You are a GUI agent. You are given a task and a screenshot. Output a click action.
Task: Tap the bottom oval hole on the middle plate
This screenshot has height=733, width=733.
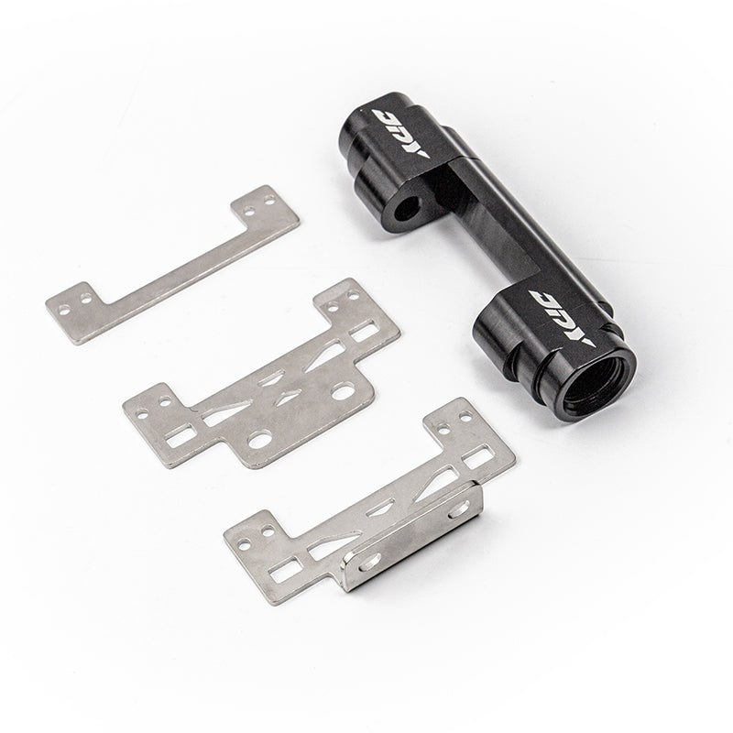tap(260, 441)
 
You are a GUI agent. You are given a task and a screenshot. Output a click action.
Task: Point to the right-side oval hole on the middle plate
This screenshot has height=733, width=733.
tap(344, 392)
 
